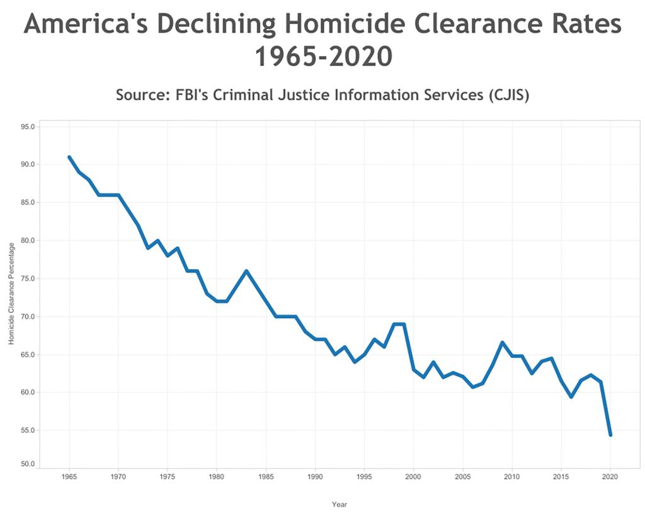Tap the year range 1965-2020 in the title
pos(323,57)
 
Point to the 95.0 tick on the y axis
pos(27,127)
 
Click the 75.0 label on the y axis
pos(27,278)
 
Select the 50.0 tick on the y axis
pos(27,464)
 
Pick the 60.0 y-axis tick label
pos(27,393)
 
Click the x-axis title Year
pos(340,504)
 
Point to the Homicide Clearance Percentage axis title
pos(11,293)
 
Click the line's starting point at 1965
pos(69,157)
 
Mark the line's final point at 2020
pos(610,435)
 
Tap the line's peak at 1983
pos(246,271)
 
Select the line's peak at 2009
pos(502,342)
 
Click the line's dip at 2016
pos(571,397)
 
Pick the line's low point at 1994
pos(355,362)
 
